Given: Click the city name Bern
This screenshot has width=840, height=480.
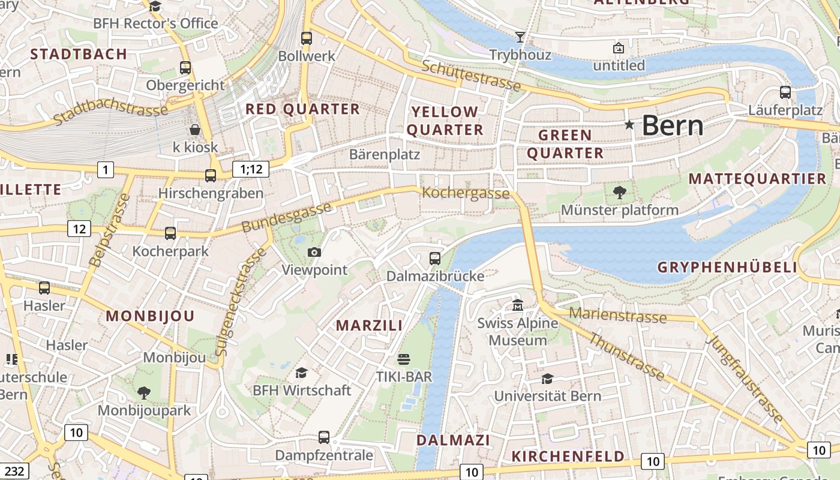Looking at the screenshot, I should click(672, 126).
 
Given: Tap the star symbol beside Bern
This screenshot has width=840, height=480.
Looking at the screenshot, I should click(629, 125).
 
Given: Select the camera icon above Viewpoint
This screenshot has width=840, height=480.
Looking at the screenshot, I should click(314, 253).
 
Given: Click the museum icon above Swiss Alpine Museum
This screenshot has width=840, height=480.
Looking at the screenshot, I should click(517, 305).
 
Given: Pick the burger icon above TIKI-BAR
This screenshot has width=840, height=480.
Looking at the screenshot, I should click(404, 359).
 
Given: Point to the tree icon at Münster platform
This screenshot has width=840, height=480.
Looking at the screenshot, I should click(619, 193).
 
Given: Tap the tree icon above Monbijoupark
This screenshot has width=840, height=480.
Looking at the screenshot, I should click(143, 393).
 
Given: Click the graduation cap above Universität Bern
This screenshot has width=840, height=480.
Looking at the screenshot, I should click(547, 379).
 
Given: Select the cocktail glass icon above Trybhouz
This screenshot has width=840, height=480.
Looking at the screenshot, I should click(520, 37).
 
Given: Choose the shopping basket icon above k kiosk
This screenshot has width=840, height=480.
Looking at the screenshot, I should click(195, 130).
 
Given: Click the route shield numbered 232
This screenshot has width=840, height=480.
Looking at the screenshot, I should click(15, 472).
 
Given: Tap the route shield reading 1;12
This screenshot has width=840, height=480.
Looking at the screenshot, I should click(251, 169).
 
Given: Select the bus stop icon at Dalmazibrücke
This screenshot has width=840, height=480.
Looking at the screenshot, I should click(435, 259).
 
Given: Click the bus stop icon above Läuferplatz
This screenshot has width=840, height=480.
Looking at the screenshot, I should click(785, 92).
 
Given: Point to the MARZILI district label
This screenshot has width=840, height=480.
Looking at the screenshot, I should click(369, 326).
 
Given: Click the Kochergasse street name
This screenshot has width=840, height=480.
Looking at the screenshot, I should click(466, 193).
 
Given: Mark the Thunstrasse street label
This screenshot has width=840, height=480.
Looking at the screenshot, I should click(626, 357).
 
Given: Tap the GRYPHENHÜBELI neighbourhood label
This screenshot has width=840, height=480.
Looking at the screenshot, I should click(727, 268).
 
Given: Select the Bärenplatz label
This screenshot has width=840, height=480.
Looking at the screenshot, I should click(385, 154).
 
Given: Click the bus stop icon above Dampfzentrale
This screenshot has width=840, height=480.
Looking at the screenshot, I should click(324, 437).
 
